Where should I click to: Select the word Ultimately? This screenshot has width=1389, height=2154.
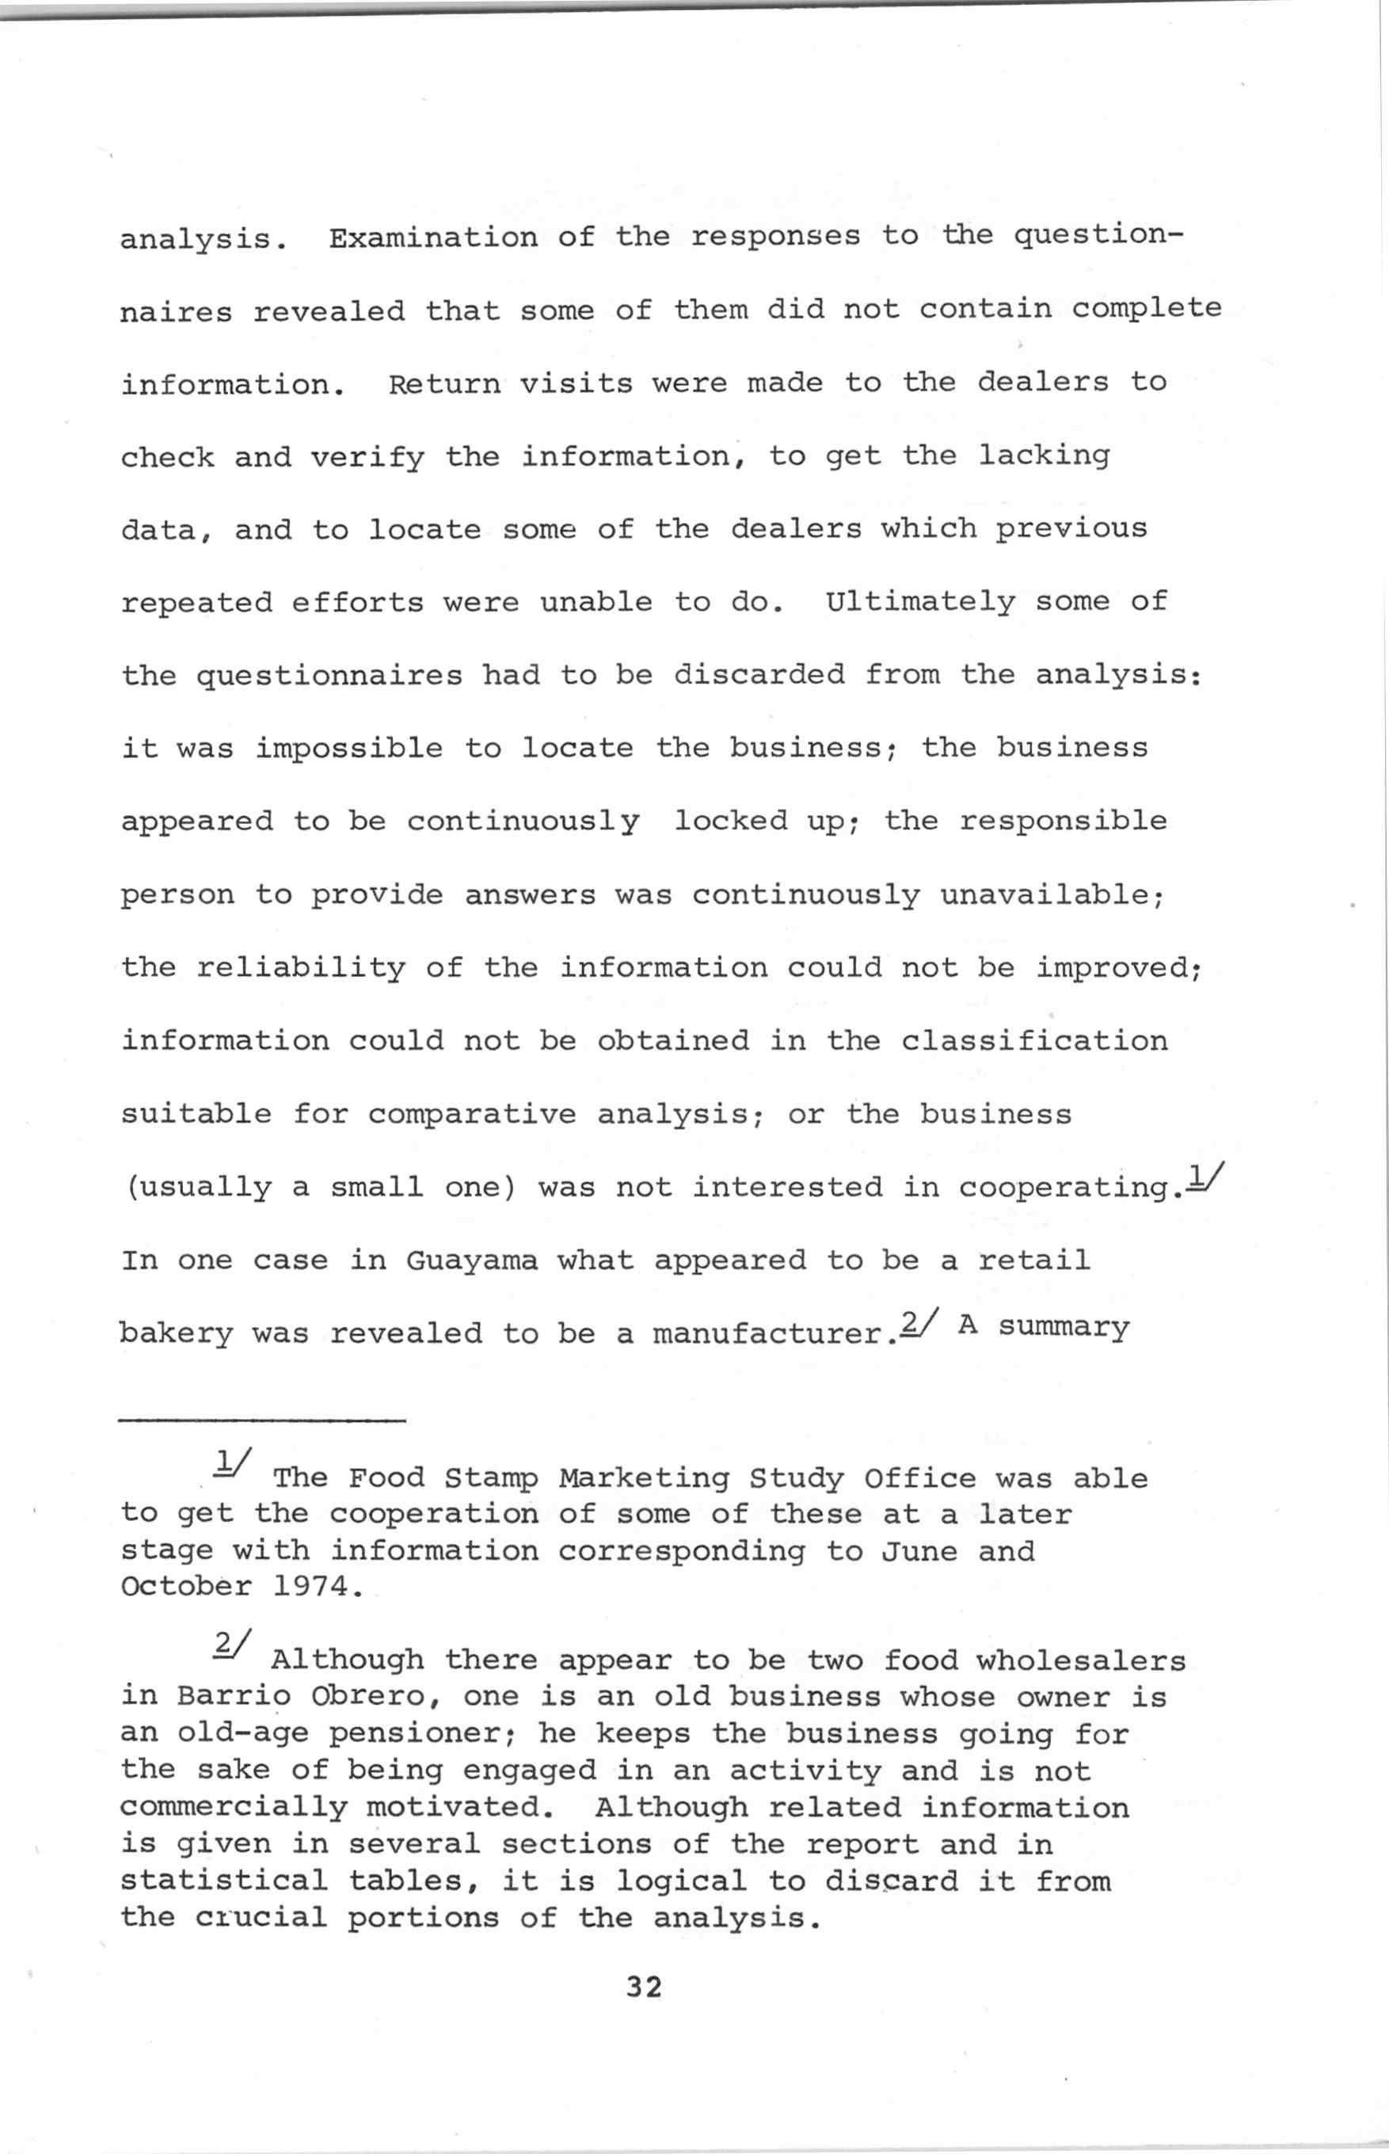pos(920,601)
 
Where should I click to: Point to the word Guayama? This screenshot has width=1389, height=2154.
pos(471,1260)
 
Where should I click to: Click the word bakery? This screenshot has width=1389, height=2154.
pos(176,1334)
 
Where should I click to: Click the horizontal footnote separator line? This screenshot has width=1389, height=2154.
pos(262,1423)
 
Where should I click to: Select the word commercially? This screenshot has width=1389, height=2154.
pos(233,1808)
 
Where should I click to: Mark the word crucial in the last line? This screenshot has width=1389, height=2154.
pos(261,1917)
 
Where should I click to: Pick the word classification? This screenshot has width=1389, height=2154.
pos(1033,1041)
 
